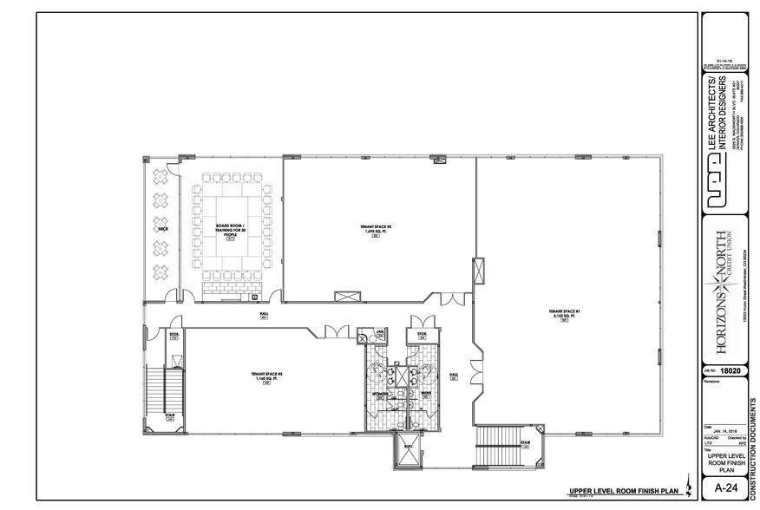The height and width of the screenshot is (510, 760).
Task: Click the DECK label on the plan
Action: (161, 231)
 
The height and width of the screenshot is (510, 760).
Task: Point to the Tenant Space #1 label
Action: (564, 314)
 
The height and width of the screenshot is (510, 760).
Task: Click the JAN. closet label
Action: (379, 333)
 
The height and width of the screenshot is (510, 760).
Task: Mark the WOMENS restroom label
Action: (380, 395)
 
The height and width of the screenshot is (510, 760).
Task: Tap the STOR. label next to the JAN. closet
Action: (423, 334)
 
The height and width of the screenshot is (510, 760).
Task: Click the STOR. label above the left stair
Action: (174, 337)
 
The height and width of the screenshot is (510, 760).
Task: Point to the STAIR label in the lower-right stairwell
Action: (525, 442)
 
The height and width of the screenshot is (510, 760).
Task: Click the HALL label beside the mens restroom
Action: (452, 376)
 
